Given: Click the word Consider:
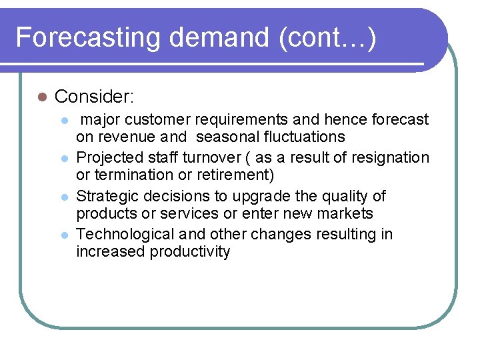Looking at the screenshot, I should (95, 97).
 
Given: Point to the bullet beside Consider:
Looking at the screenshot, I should (41, 97).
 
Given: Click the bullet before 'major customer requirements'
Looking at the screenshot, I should (64, 121).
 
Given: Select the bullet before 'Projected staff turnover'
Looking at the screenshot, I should (64, 159).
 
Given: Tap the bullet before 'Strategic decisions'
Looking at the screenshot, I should (64, 197).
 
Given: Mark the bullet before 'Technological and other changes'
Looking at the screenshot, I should (64, 235).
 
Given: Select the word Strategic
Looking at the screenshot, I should (107, 196).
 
